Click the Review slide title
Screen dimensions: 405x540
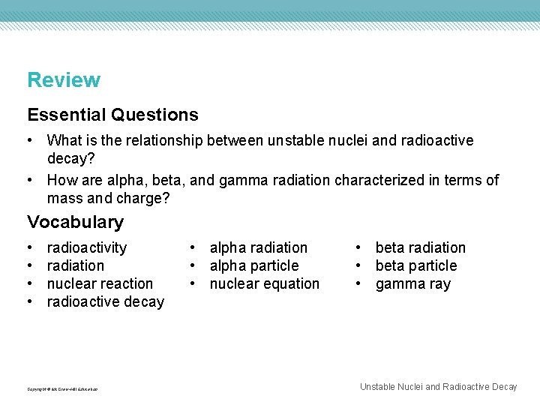(64, 80)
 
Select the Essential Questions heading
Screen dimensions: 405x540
(112, 115)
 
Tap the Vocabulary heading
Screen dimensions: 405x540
(75, 222)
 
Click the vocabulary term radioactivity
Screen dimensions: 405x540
(87, 247)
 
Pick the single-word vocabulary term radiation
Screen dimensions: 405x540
(76, 265)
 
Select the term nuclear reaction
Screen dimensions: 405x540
(100, 283)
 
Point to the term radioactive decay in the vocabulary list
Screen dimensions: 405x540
(105, 301)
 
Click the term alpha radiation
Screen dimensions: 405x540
(258, 247)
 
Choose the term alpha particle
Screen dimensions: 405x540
(253, 265)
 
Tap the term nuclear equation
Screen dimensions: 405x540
(264, 283)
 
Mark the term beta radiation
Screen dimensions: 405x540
(420, 247)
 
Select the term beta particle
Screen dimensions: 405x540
(415, 265)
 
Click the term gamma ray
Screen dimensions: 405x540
(412, 283)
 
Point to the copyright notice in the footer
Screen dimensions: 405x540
(62, 388)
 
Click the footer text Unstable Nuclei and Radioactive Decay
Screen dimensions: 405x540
(438, 387)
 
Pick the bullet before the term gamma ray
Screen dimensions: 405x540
(360, 283)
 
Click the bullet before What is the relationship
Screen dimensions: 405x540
(31, 140)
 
